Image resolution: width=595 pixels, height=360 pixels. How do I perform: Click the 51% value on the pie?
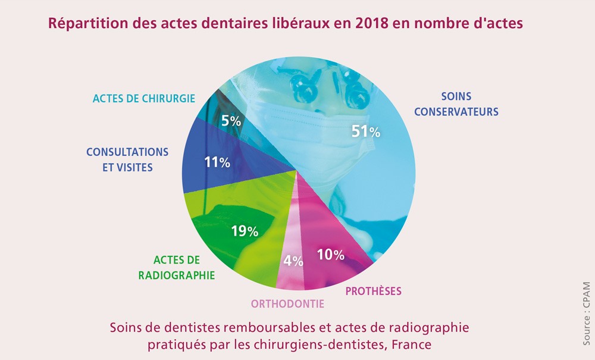click(365, 132)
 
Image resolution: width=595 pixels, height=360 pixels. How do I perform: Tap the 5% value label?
click(231, 121)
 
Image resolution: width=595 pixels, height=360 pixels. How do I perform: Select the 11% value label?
click(217, 162)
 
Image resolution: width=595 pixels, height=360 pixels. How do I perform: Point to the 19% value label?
click(245, 231)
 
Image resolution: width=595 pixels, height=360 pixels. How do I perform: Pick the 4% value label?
click(293, 260)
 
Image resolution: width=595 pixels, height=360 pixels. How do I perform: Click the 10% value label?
click(331, 255)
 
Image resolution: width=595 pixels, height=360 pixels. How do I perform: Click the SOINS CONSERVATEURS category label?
click(456, 104)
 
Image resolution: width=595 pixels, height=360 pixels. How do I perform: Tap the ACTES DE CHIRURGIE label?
click(143, 98)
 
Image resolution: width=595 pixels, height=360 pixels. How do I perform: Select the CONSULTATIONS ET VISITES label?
click(127, 159)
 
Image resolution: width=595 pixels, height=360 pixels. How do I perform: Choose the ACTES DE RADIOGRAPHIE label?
click(176, 267)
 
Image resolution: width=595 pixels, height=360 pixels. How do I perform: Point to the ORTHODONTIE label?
click(287, 303)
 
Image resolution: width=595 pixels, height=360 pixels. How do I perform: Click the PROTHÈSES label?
click(374, 291)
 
